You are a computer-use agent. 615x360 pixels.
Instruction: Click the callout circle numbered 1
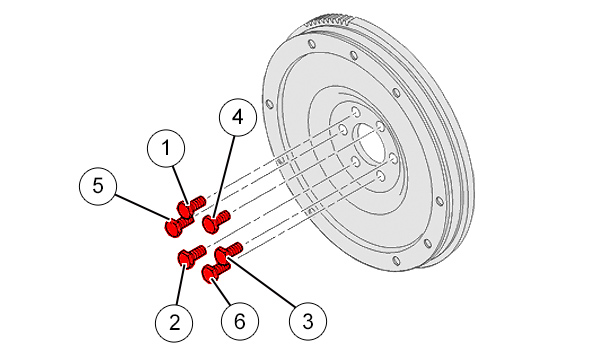click(166, 148)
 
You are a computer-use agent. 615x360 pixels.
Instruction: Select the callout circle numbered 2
click(174, 322)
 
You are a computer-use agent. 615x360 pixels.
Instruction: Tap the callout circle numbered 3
click(308, 321)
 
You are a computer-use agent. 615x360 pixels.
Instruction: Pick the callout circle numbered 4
click(238, 117)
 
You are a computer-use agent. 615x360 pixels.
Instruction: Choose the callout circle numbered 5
click(98, 185)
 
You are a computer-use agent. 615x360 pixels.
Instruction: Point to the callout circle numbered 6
click(240, 322)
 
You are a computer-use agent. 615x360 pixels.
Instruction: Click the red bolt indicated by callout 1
click(191, 205)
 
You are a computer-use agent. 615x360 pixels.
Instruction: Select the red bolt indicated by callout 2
click(192, 256)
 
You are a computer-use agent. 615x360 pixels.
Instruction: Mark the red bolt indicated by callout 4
click(216, 222)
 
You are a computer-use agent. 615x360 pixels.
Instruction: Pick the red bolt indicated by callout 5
click(177, 227)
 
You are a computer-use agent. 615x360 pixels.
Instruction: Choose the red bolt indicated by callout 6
click(215, 272)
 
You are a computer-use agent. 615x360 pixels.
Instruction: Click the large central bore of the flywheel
click(370, 144)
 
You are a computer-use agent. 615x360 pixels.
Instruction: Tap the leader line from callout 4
click(224, 176)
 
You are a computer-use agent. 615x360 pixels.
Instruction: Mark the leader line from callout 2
click(180, 285)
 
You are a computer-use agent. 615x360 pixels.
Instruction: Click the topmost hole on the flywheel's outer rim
click(312, 44)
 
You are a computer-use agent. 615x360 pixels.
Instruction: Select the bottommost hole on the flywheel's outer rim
click(397, 261)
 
